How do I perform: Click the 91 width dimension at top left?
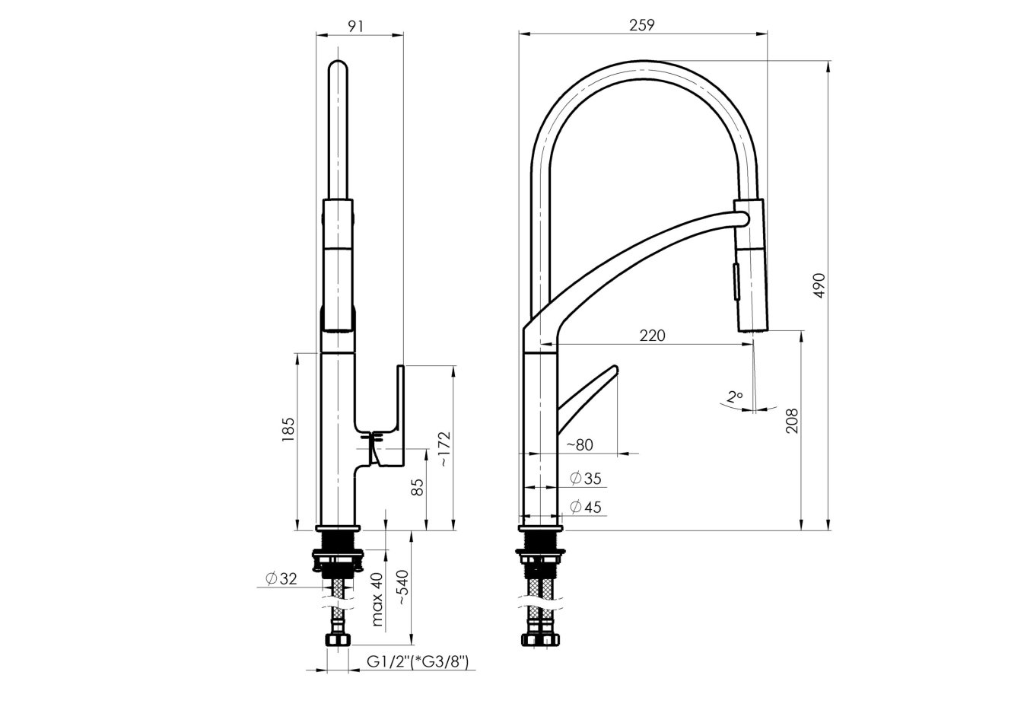355,25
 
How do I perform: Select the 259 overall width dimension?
642,25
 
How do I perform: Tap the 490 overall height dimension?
819,284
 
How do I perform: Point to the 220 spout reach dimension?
651,335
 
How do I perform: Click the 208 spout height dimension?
792,420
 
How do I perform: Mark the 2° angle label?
734,396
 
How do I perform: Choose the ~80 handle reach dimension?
580,444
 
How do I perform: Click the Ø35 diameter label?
585,478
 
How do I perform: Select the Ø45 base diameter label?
585,507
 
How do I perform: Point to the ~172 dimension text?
444,449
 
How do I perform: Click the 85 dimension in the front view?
417,487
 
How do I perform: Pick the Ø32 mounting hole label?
281,579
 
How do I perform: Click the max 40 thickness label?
377,599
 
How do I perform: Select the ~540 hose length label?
402,587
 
